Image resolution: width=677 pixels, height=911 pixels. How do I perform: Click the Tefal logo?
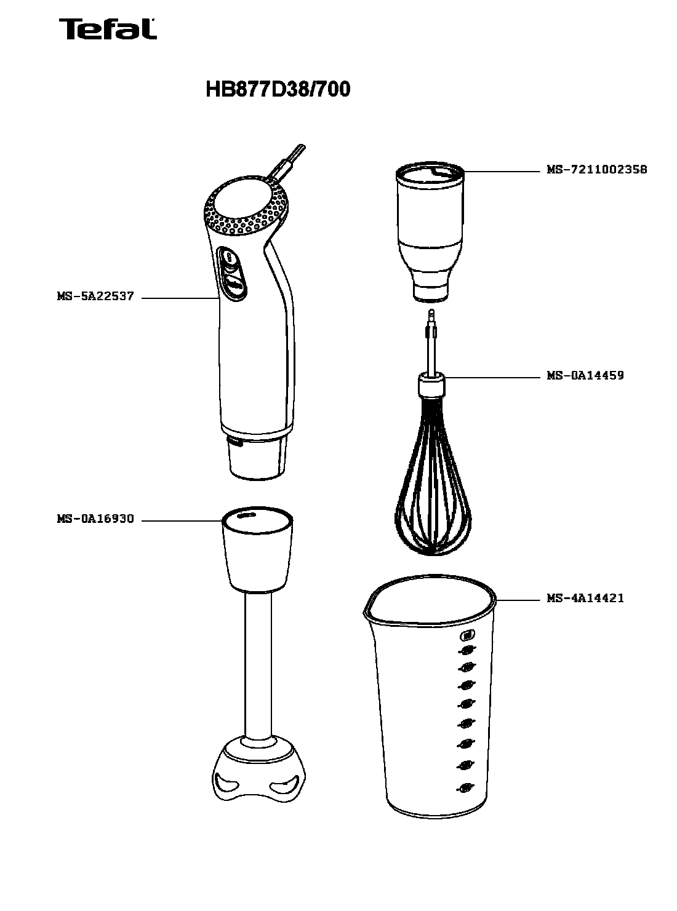coord(108,29)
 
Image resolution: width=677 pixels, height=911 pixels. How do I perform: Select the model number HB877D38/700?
coord(278,89)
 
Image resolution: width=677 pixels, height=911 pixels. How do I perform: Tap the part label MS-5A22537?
coord(95,296)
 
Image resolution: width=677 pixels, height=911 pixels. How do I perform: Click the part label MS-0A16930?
coord(95,519)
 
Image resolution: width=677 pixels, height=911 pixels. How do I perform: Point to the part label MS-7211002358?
coord(597,169)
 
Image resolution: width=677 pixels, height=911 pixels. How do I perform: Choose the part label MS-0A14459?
coord(585,375)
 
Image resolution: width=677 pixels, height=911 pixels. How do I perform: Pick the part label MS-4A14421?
coord(585,598)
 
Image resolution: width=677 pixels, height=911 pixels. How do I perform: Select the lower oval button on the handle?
coord(234,285)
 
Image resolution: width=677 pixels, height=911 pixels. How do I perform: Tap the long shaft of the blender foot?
coord(258,666)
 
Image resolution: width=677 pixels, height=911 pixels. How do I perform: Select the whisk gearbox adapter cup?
coord(430,232)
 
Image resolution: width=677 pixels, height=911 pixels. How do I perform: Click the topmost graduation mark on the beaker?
coord(467,636)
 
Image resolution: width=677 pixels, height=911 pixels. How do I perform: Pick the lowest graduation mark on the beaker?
coord(465,788)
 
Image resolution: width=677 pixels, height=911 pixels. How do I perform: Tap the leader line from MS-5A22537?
coord(180,298)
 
